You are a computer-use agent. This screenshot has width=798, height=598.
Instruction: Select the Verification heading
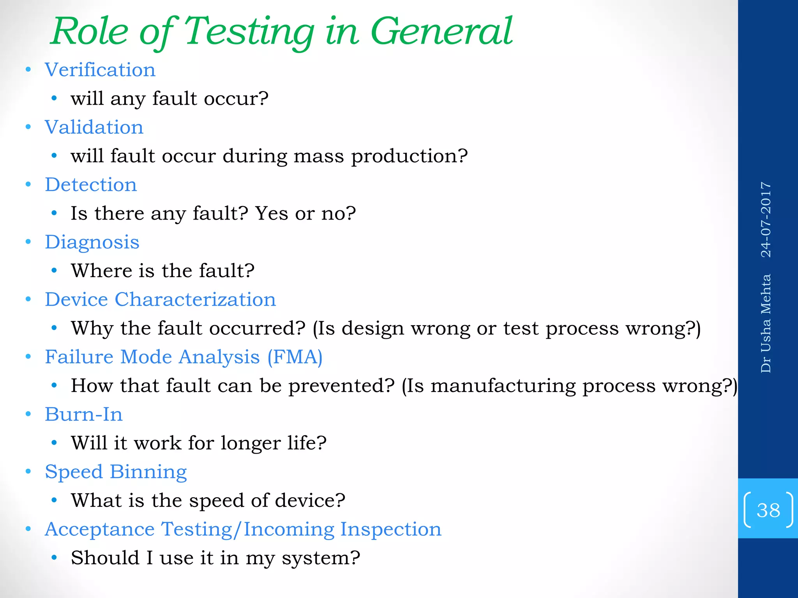(x=100, y=70)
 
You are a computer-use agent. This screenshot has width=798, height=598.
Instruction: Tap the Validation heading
(x=94, y=127)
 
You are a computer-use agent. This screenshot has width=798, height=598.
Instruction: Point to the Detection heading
(x=91, y=185)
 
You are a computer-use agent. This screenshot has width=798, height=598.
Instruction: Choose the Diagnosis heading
(x=92, y=242)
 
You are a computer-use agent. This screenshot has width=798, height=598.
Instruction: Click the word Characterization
(x=195, y=300)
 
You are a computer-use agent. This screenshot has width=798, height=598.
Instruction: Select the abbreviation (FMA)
(x=295, y=357)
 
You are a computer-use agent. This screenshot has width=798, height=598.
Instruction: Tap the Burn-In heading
(x=84, y=414)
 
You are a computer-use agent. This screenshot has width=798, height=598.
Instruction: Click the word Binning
(x=148, y=472)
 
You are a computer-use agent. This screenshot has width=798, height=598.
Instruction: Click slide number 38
(x=768, y=510)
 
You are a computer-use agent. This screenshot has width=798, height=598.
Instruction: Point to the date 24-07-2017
(x=766, y=220)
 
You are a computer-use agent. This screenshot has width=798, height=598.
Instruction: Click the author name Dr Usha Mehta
(x=766, y=324)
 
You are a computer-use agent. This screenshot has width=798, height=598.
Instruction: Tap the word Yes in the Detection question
(x=272, y=213)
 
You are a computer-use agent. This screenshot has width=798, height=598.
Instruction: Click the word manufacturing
(x=503, y=386)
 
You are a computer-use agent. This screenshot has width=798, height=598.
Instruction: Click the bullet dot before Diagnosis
(x=28, y=242)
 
